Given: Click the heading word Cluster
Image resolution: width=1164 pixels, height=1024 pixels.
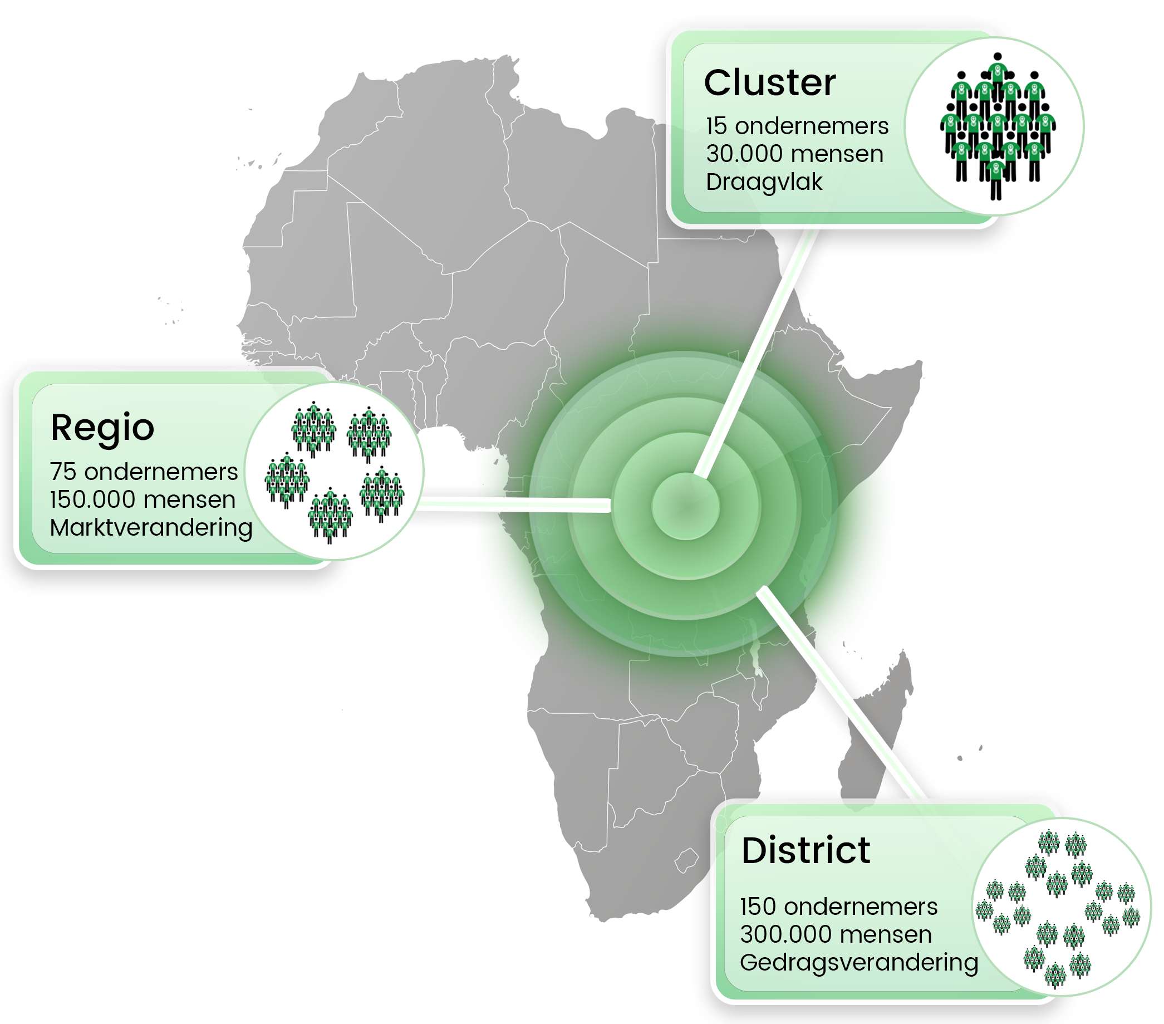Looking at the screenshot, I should point(769,83).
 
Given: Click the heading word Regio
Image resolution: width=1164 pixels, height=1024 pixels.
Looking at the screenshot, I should point(102,428).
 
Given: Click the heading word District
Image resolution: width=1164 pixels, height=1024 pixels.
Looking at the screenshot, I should point(806,851).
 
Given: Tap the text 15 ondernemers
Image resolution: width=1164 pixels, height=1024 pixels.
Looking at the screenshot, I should point(797,126).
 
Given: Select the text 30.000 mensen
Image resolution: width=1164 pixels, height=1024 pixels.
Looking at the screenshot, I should point(794,154).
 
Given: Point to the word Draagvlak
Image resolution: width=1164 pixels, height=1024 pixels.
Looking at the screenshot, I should point(764,182).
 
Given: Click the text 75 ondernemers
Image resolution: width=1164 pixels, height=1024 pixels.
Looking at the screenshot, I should point(144,472).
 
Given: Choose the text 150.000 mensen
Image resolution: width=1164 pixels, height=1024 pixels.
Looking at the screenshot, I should point(143,500).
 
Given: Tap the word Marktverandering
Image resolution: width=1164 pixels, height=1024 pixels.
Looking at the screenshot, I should point(151,528).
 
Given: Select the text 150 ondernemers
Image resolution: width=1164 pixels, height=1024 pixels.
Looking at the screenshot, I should point(838,907).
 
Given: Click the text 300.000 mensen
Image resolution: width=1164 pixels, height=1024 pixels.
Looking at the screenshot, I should point(836,934).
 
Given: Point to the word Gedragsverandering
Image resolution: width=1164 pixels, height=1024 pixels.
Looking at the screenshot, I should point(859,963).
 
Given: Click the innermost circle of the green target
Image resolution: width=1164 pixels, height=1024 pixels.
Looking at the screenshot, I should point(686,506).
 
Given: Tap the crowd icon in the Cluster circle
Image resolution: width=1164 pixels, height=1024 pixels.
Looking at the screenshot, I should point(997,126).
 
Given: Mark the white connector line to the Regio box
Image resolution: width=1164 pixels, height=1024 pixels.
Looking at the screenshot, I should point(513,504).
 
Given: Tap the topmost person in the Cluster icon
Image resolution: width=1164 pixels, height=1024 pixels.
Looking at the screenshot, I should point(997,68).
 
